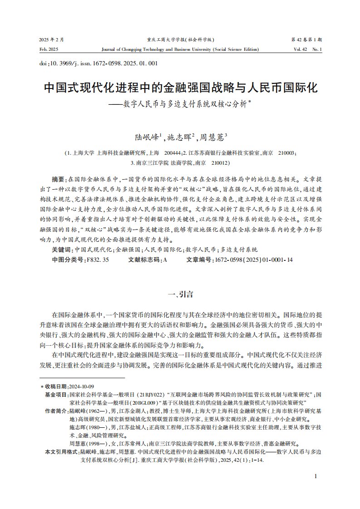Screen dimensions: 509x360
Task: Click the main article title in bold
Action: (x=180, y=88)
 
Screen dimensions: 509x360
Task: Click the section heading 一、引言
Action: (x=180, y=294)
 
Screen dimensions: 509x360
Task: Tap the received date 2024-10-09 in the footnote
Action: (x=81, y=386)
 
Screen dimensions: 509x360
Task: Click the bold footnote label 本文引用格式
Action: (x=62, y=452)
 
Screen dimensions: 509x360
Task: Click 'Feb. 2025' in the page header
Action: (x=49, y=49)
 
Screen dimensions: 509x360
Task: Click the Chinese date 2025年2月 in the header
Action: (x=51, y=39)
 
